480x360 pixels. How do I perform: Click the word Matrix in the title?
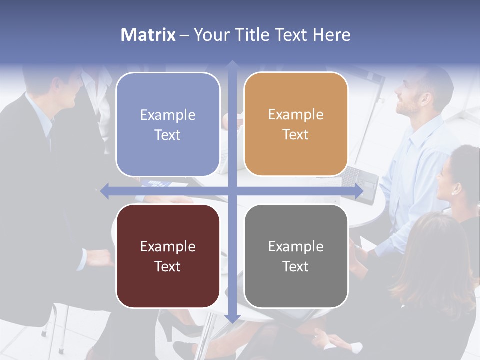click(148, 35)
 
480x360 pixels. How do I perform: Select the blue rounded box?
click(168, 124)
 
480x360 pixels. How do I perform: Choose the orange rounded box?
click(296, 124)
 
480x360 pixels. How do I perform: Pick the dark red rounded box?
click(168, 256)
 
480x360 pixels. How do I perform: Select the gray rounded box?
click(296, 256)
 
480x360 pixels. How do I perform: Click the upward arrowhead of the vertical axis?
click(232, 64)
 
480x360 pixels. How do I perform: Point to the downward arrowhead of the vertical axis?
click(232, 318)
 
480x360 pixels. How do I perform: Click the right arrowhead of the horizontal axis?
click(359, 191)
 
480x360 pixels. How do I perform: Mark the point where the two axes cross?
click(232, 191)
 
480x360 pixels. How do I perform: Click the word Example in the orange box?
click(296, 114)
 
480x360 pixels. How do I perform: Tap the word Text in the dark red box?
click(168, 266)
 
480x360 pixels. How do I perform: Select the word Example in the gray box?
click(296, 246)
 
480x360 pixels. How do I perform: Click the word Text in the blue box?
click(168, 135)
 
